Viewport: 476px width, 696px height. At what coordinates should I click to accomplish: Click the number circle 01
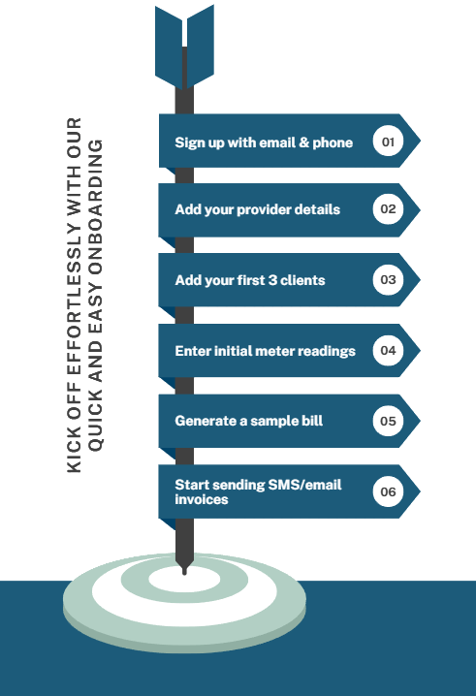[388, 142]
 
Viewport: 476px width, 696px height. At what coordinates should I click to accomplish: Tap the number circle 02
[388, 208]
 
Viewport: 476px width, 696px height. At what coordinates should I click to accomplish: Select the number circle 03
[388, 279]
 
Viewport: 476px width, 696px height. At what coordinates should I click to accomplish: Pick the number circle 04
[388, 350]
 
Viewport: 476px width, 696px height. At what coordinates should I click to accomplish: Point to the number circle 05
[388, 421]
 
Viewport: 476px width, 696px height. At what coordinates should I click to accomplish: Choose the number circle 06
[388, 491]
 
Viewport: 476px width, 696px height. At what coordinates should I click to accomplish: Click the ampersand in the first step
[304, 142]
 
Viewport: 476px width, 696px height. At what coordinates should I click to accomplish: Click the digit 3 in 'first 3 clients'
[272, 280]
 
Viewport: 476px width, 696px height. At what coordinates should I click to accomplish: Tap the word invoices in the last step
[202, 499]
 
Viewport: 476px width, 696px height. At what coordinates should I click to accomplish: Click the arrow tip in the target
[184, 573]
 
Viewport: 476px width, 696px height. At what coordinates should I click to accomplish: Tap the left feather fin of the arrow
[169, 47]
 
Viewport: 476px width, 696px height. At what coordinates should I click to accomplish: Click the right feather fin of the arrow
[201, 47]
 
